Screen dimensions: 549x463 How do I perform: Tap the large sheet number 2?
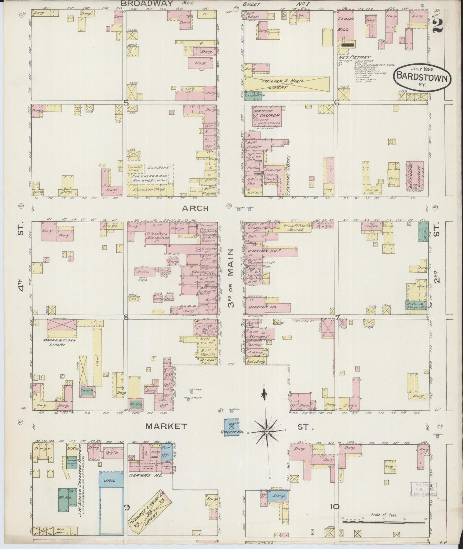click(437, 25)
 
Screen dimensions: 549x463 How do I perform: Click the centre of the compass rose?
click(266, 432)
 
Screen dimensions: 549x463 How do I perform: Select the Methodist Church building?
click(415, 175)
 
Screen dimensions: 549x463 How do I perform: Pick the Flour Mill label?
click(345, 24)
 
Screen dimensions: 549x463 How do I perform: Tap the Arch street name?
click(195, 208)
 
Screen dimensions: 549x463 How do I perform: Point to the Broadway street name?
click(147, 4)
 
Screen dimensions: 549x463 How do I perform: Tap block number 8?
click(126, 317)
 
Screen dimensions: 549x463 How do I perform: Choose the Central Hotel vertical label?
click(289, 175)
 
